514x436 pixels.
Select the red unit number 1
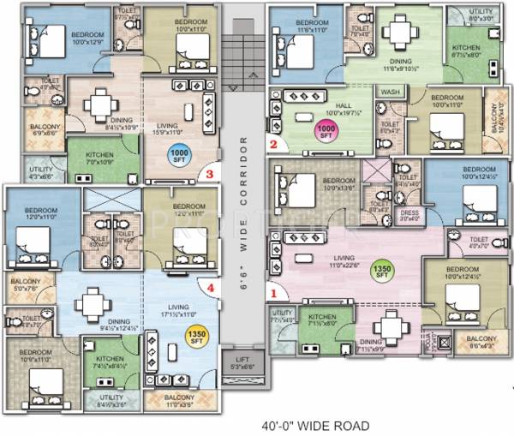[x=274, y=290]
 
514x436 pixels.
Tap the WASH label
[x=391, y=91]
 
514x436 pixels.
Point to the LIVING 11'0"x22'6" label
[x=346, y=261]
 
